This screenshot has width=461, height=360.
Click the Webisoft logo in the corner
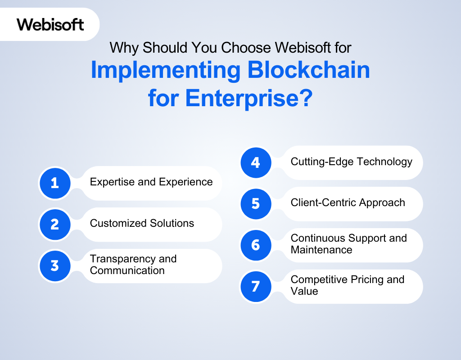(x=50, y=24)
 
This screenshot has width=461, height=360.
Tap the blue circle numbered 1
(x=55, y=183)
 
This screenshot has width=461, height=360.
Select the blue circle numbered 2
(x=55, y=225)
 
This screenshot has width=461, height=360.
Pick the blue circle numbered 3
(x=55, y=265)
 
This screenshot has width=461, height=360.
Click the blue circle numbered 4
(x=256, y=162)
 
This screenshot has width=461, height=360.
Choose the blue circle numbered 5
(x=256, y=204)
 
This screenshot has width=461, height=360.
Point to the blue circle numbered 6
(x=256, y=245)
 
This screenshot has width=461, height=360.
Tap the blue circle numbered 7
(x=256, y=287)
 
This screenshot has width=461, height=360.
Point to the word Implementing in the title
(x=166, y=71)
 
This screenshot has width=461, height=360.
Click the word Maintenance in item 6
(x=321, y=250)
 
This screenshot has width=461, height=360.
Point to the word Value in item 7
(x=304, y=291)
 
